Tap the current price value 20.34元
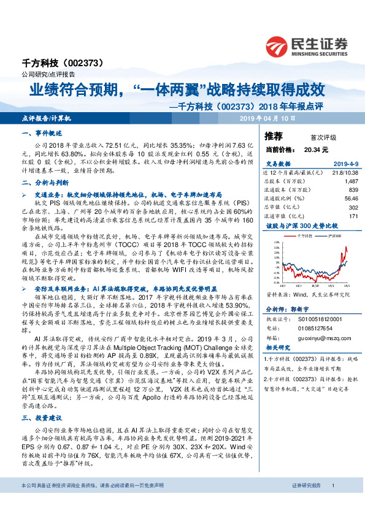tap(316, 149)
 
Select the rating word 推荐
tap(274, 137)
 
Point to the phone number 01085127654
tap(317, 328)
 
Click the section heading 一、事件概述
tap(41, 134)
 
